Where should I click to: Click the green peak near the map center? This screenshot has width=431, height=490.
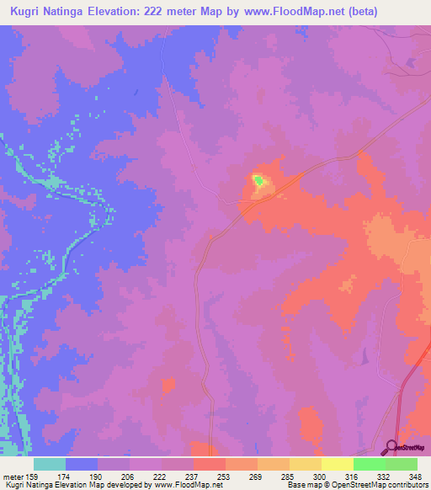tap(258, 179)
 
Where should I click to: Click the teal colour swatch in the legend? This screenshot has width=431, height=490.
tap(49, 463)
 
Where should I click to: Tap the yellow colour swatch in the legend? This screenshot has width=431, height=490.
tap(337, 463)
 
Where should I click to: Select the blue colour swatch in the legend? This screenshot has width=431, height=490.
tap(81, 463)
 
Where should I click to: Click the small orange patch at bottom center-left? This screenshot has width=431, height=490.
tap(168, 386)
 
